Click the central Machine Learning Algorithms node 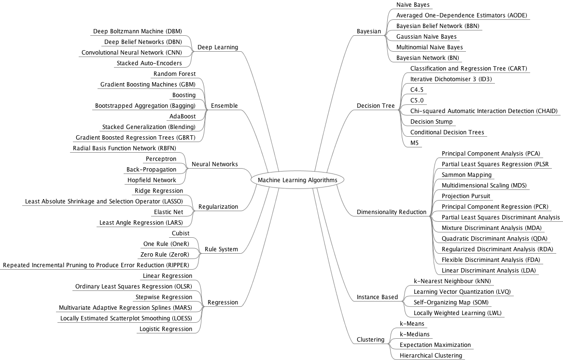pyautogui.click(x=297, y=180)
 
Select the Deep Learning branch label pyautogui.click(x=218, y=47)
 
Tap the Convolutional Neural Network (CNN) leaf pyautogui.click(x=129, y=53)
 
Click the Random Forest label pyautogui.click(x=174, y=74)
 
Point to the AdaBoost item pyautogui.click(x=183, y=116)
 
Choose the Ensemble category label pyautogui.click(x=224, y=106)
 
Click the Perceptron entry pyautogui.click(x=161, y=159)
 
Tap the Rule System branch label pyautogui.click(x=221, y=249)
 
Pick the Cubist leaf pyautogui.click(x=181, y=233)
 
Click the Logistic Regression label pyautogui.click(x=166, y=329)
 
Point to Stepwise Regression pyautogui.click(x=163, y=297)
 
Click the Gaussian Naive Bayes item pyautogui.click(x=426, y=37)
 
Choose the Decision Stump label pyautogui.click(x=431, y=122)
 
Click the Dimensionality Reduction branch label pyautogui.click(x=391, y=212)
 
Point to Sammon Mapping pyautogui.click(x=460, y=175)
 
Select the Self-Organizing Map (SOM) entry pyautogui.click(x=451, y=302)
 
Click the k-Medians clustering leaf pyautogui.click(x=414, y=334)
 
